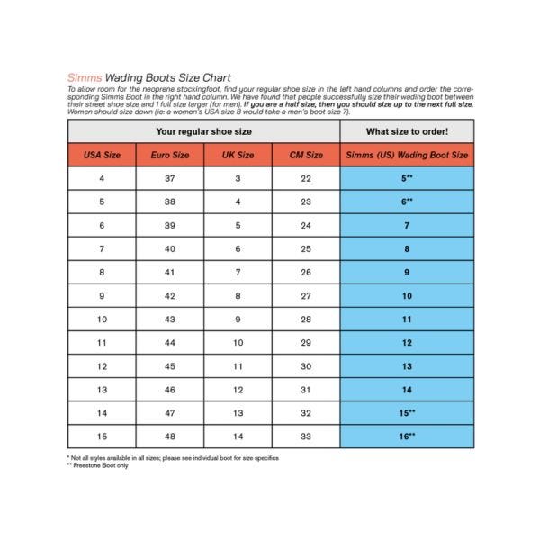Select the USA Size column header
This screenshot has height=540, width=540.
coord(102,155)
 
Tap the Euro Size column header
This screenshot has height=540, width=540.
coord(170,155)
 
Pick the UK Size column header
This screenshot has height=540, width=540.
coord(238,155)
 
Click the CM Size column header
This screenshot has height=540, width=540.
coord(306,155)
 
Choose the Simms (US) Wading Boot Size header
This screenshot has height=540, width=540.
coord(407,155)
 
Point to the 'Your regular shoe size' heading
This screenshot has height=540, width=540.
coord(204,131)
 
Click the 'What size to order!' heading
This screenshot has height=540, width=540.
coord(407,131)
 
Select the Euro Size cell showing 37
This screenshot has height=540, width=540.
coord(170,178)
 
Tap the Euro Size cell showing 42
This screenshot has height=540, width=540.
coord(170,295)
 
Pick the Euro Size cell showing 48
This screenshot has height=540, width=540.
coord(170,436)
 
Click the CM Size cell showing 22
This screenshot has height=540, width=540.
coord(306,178)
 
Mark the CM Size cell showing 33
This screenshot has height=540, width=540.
coord(306,436)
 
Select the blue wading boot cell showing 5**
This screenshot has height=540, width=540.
coord(407,178)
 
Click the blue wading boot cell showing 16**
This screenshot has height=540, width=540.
coord(407,436)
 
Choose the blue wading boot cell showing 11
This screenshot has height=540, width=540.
coord(407,319)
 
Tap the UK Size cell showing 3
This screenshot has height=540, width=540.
coord(238,178)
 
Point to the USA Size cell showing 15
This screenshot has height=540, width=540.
coord(102,436)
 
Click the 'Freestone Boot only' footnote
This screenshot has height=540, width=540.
coord(101,465)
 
